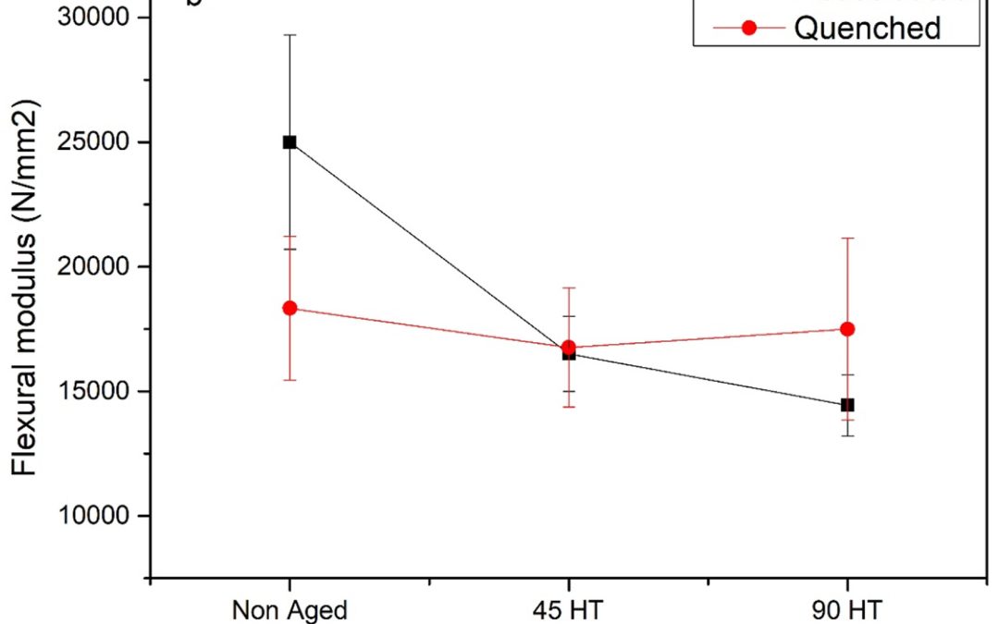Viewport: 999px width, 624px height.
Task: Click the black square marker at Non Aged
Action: pyautogui.click(x=290, y=142)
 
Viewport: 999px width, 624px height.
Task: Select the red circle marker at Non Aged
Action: pyautogui.click(x=290, y=308)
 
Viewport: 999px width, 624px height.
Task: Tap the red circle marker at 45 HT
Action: pyautogui.click(x=568, y=348)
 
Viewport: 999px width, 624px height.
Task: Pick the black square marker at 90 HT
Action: pyautogui.click(x=846, y=405)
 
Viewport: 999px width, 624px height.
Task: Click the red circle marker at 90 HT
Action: pyautogui.click(x=846, y=329)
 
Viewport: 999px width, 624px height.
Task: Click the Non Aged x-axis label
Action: pyautogui.click(x=290, y=610)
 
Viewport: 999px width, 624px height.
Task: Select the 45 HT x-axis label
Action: pyautogui.click(x=568, y=610)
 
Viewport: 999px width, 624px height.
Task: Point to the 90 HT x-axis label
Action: pyautogui.click(x=846, y=610)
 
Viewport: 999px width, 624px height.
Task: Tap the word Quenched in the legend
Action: pyautogui.click(x=867, y=29)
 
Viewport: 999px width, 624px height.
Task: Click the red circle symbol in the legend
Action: pyautogui.click(x=750, y=29)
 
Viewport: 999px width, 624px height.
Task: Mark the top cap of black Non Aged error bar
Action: pyautogui.click(x=290, y=35)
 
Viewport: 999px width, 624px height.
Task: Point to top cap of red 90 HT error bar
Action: pyautogui.click(x=846, y=238)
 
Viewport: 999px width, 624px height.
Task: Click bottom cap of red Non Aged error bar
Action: pyautogui.click(x=290, y=380)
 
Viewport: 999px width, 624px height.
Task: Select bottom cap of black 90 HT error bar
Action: pyautogui.click(x=846, y=435)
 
